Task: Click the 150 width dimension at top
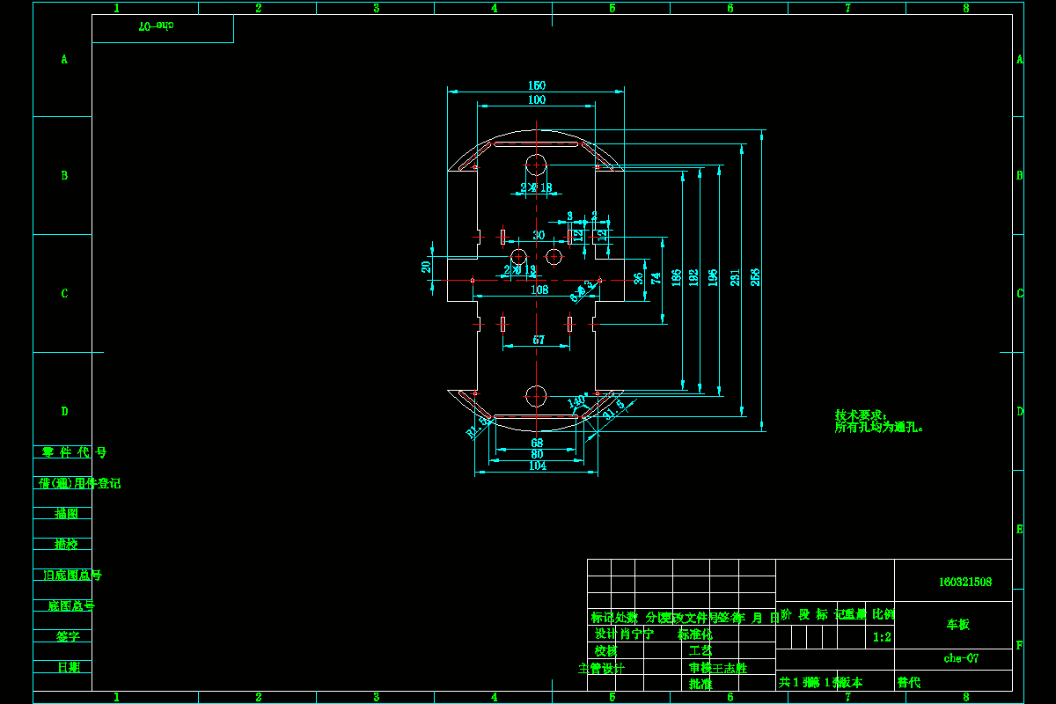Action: click(x=537, y=85)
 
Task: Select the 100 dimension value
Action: click(x=537, y=99)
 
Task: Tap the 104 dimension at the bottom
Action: click(x=538, y=466)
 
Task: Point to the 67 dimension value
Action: click(x=539, y=340)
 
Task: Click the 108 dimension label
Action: click(x=539, y=290)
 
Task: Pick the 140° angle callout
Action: click(x=577, y=400)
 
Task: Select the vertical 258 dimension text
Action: click(x=755, y=277)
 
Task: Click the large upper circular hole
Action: click(x=536, y=165)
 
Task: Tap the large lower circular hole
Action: click(x=536, y=395)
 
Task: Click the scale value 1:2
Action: click(x=882, y=636)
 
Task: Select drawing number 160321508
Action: click(x=965, y=582)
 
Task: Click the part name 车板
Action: click(x=958, y=624)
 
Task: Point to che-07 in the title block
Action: click(x=961, y=657)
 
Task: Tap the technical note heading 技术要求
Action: click(x=862, y=414)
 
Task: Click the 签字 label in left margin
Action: click(x=68, y=635)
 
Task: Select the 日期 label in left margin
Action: click(x=68, y=666)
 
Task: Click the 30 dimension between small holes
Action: click(x=539, y=235)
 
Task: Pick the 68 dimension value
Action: click(x=537, y=442)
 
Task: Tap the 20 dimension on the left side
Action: click(x=427, y=267)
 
